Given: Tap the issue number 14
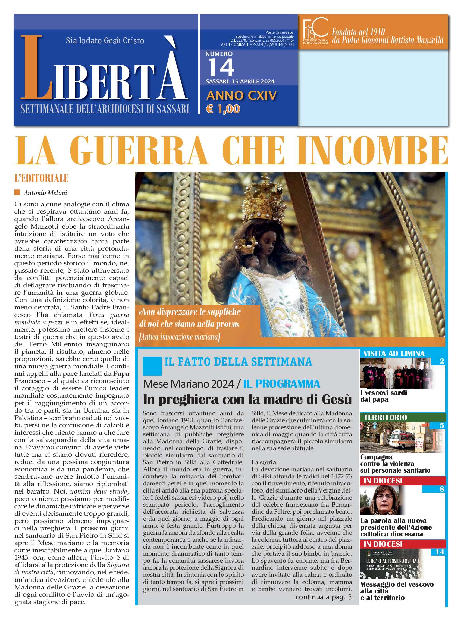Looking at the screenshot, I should click(x=221, y=68).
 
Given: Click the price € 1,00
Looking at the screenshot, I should click(x=223, y=109).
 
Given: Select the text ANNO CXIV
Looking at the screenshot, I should click(x=242, y=96).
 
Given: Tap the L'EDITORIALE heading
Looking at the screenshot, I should click(x=41, y=178).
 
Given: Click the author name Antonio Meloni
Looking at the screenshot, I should click(x=45, y=193).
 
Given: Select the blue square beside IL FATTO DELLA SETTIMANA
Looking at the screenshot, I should click(x=152, y=366).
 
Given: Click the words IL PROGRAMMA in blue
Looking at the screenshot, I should click(x=281, y=384).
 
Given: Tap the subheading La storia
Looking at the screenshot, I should click(x=264, y=462).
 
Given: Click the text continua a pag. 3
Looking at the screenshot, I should click(x=323, y=597).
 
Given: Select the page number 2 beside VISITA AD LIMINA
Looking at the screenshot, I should click(x=442, y=361).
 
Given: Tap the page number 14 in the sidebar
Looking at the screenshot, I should click(x=440, y=552).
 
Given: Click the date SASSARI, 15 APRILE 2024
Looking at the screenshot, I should click(x=240, y=81).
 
